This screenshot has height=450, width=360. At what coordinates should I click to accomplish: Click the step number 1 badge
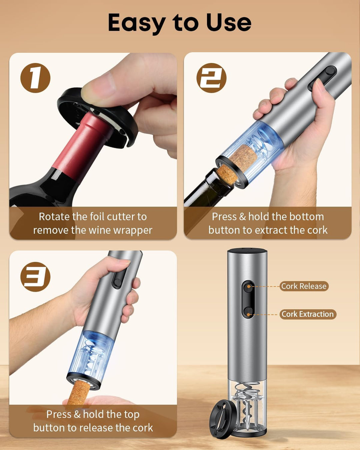click(35, 78)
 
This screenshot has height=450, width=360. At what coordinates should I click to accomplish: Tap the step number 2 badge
click(211, 78)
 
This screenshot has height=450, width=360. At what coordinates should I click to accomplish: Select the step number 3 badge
click(35, 277)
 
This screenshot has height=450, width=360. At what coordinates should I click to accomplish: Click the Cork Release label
click(304, 286)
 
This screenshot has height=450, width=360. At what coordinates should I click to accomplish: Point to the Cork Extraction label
click(308, 314)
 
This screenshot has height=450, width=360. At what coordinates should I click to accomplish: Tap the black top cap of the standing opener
click(247, 251)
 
